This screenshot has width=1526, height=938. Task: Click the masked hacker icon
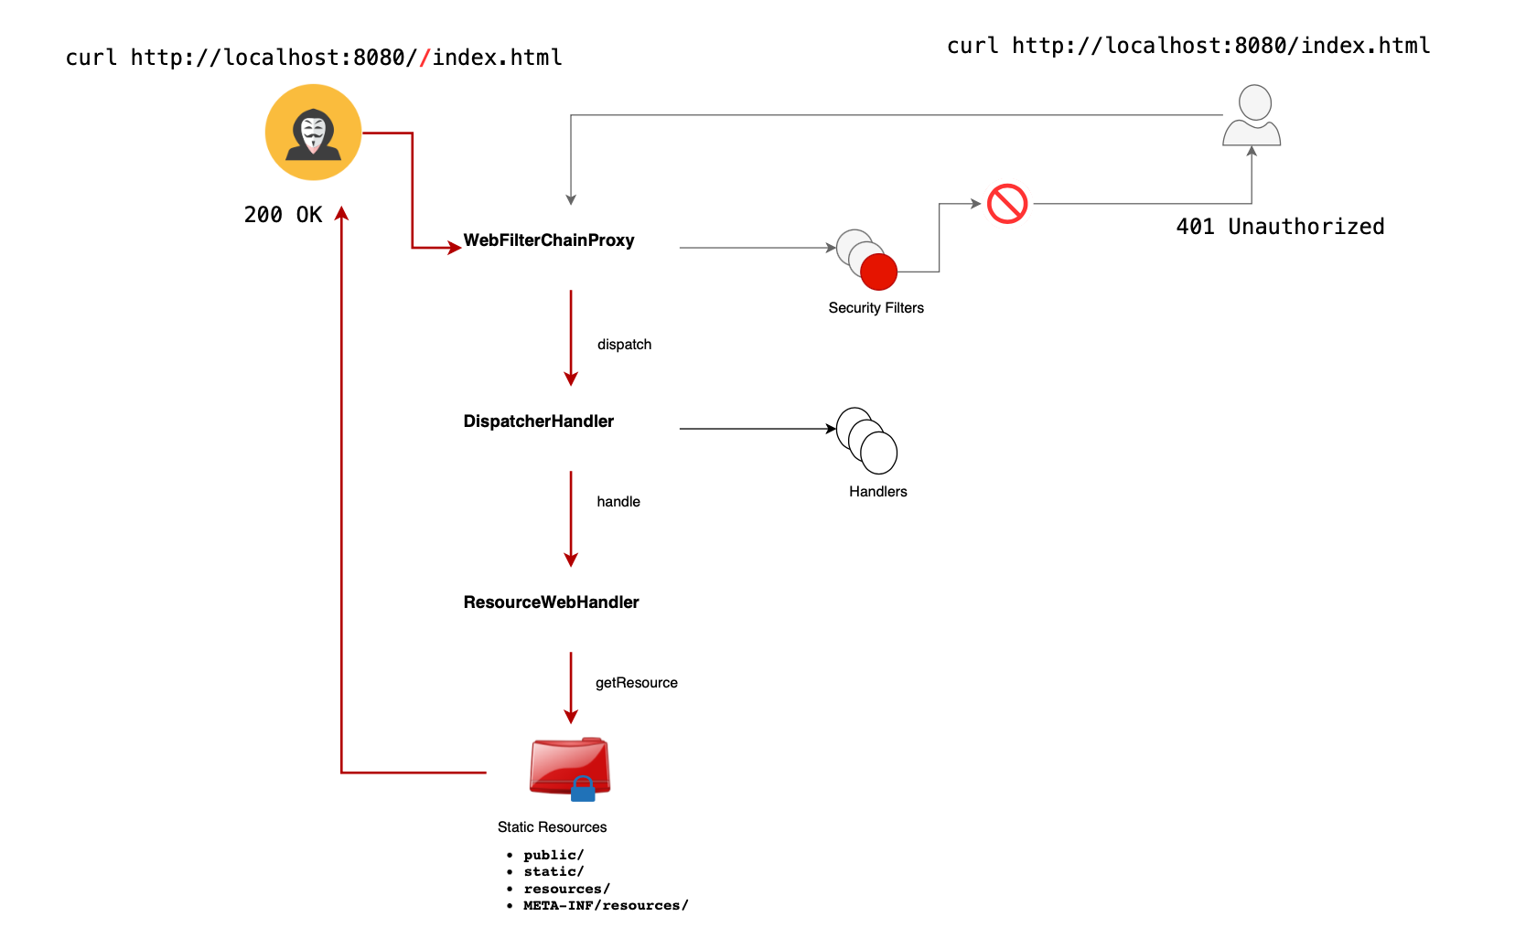point(313,132)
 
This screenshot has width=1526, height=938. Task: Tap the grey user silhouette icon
point(1252,115)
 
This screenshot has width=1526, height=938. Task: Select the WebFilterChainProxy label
point(548,240)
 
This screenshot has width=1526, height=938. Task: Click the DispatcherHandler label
point(538,421)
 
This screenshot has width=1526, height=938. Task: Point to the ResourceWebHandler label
point(551,602)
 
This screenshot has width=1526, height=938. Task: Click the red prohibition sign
point(1007,204)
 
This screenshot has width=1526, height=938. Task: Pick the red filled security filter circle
point(878,272)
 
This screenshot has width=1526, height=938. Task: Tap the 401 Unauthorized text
point(1280,227)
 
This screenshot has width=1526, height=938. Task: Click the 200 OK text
point(283,215)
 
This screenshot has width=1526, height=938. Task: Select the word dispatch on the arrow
point(624,345)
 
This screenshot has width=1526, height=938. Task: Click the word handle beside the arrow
point(618,502)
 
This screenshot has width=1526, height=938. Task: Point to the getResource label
point(636,683)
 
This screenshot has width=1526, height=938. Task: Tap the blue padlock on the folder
point(583,789)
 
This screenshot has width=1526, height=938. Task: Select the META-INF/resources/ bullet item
point(606,905)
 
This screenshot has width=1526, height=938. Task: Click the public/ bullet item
point(553,855)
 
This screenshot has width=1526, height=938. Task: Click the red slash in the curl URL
point(424,58)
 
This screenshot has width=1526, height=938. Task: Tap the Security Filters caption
point(876,308)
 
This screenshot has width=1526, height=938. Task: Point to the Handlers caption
point(878,492)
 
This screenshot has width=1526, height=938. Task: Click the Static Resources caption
point(552,827)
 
